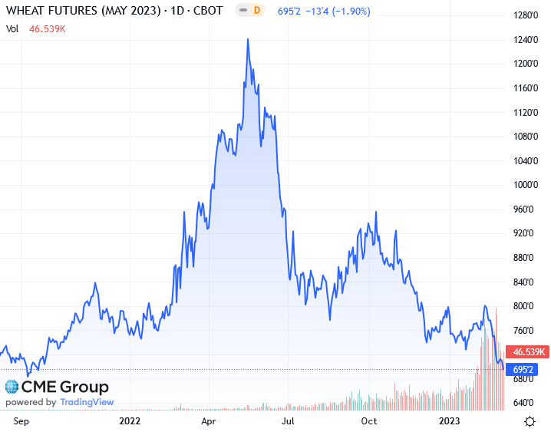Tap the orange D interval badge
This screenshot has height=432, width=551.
[x=257, y=12]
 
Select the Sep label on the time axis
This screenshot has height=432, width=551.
[x=21, y=420]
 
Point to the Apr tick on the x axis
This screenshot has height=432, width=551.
[x=209, y=420]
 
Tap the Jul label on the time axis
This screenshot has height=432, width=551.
[x=289, y=420]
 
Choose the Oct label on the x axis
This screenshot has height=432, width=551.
[x=369, y=420]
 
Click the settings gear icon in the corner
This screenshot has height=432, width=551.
[x=530, y=420]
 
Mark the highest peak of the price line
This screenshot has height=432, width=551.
[x=247, y=39]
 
